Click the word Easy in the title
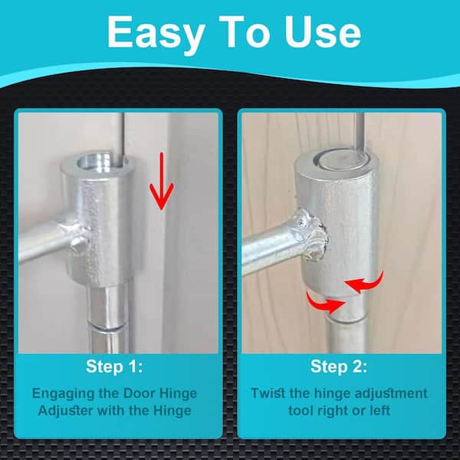156,32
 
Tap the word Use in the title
322,31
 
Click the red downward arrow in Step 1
161,181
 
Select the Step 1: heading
115,366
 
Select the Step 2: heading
339,366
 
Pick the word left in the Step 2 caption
380,410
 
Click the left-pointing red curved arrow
364,282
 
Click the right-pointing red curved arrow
325,303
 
